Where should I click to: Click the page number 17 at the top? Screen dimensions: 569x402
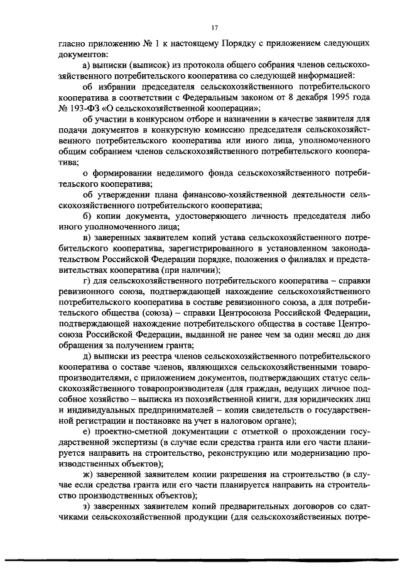pyautogui.click(x=214, y=28)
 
